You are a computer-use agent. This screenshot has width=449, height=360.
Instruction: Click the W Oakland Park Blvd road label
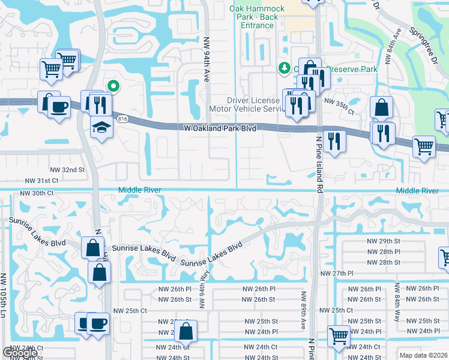[x=221, y=127]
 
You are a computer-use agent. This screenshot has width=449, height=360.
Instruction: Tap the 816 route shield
[x=123, y=119]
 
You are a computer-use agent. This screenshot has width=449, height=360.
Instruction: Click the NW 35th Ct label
[x=339, y=103]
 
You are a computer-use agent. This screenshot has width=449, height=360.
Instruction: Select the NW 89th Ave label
[x=304, y=310]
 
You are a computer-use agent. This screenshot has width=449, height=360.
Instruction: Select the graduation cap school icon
[x=101, y=127]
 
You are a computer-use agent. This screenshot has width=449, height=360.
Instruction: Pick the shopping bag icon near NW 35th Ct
[x=381, y=109]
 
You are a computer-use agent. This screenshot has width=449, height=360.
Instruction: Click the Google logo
[x=20, y=353]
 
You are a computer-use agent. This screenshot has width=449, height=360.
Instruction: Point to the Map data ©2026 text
[x=424, y=355]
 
